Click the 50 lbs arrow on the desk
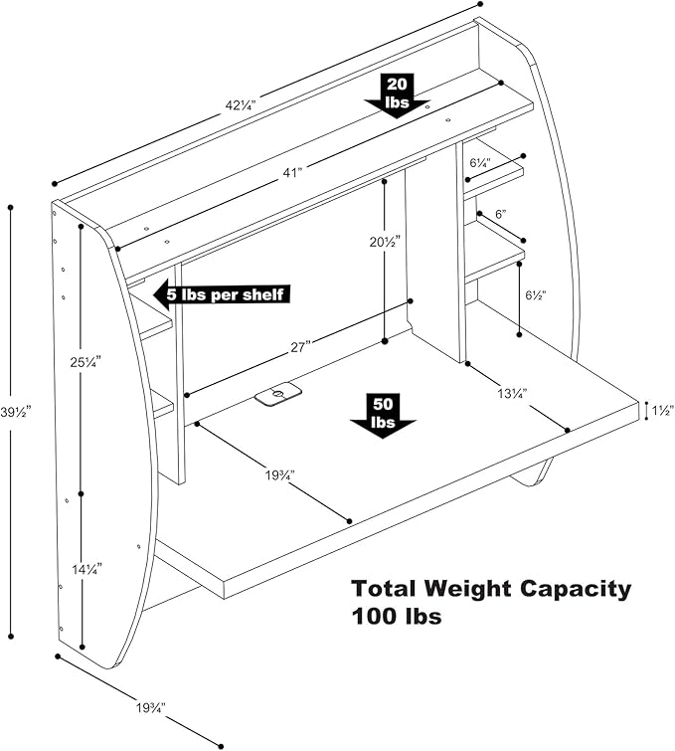pos(384,413)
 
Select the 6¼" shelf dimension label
pos(479,161)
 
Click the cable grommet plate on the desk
pos(278,395)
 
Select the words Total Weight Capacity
pos(490,589)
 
